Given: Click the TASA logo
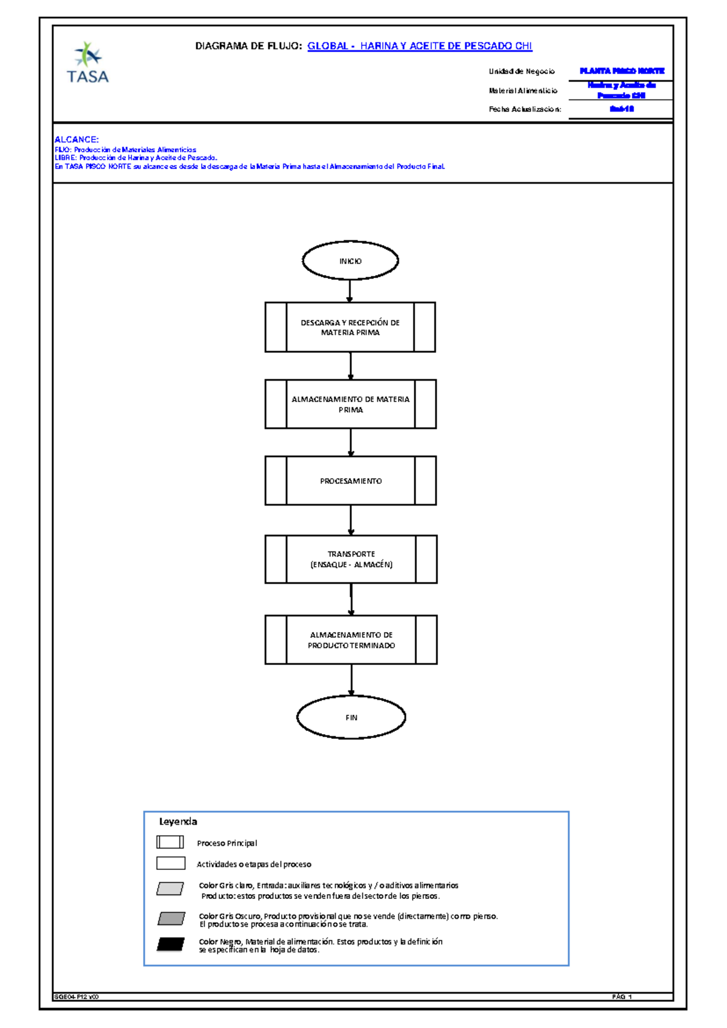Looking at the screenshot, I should point(88,63).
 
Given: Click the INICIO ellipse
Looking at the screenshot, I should point(350,261).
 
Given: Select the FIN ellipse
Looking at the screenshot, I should point(351,717).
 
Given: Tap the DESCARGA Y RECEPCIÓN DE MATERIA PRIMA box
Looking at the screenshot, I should point(350,327).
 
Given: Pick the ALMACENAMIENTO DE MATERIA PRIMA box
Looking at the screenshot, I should point(350,404).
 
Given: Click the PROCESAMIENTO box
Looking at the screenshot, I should point(350,481).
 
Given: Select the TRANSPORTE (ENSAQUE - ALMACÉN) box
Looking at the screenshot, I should point(351,559).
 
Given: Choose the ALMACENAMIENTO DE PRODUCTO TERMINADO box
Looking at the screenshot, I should point(351,640).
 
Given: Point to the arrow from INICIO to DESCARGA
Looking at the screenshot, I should point(350,291).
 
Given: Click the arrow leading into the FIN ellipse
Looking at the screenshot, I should point(351,680).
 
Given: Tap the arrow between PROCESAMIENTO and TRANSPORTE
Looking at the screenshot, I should point(351,520).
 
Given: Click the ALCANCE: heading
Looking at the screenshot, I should point(77,139).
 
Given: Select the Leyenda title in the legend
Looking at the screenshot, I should point(178,821).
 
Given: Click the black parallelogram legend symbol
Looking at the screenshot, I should point(171,944).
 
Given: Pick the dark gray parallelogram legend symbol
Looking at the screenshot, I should point(171,918).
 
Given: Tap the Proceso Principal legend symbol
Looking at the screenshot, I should point(170,842).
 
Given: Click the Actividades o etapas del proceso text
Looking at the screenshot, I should point(254,864).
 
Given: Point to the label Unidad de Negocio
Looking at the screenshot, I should point(522,72).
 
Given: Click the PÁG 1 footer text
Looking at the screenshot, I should point(622,996).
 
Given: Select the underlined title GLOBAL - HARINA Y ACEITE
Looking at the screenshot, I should point(419,46).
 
